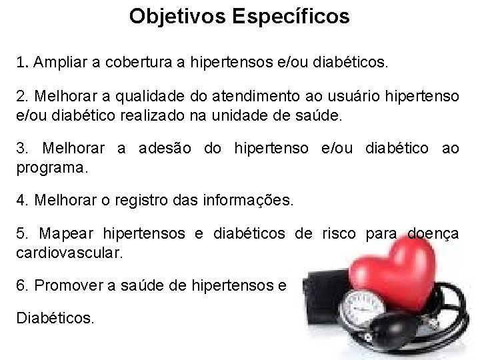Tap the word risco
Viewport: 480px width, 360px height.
coord(339,233)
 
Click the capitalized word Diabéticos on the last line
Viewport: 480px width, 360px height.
coord(55,319)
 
